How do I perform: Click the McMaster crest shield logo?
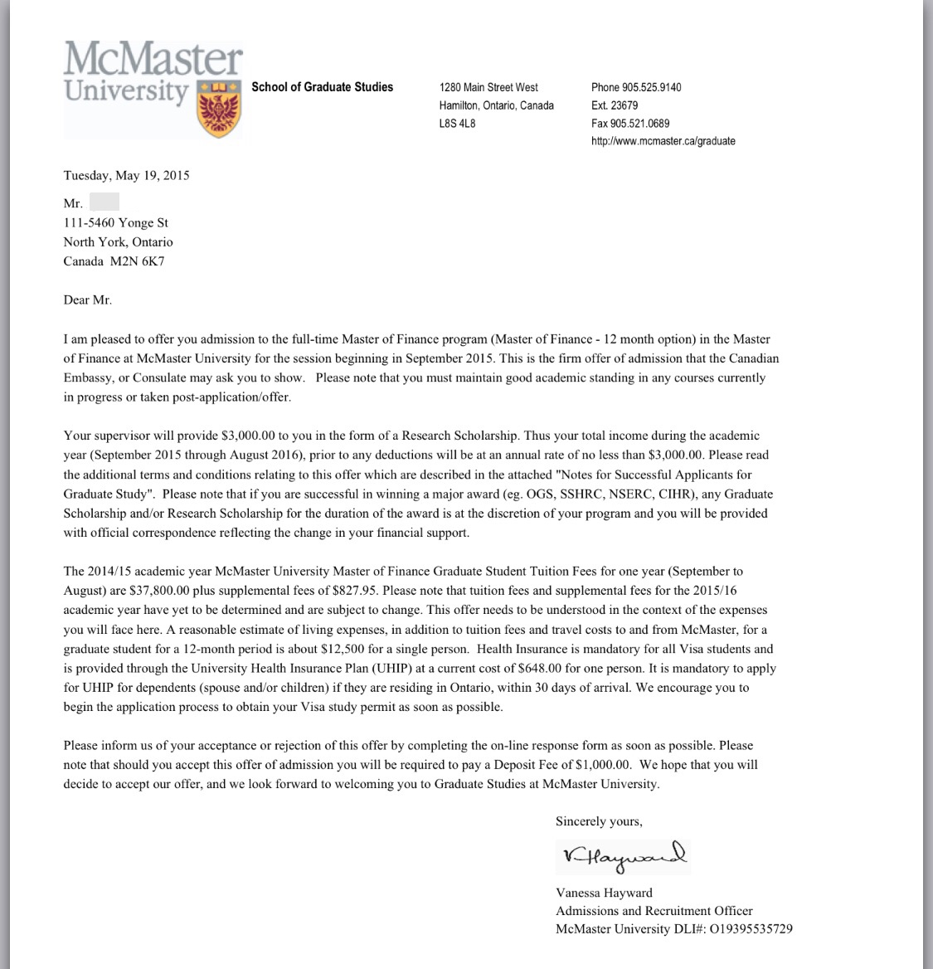220,109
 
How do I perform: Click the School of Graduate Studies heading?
322,87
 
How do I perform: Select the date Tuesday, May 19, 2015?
126,175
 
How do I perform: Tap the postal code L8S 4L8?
457,124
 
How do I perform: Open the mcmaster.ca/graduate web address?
663,141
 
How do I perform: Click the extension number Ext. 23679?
615,105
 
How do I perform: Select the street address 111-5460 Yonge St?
116,222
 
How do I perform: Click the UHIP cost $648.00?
542,668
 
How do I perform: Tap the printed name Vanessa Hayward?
604,893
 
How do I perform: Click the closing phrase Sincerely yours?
599,821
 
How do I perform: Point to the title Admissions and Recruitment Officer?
654,911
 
